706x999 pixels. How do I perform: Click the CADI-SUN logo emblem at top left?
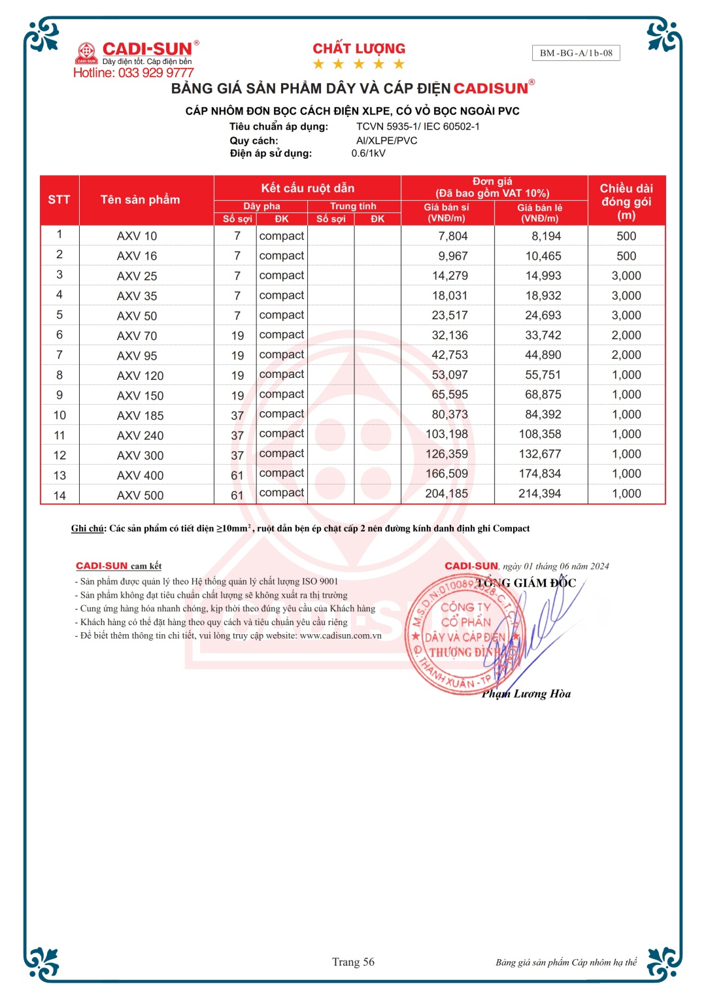click(x=86, y=52)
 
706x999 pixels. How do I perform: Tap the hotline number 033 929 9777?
click(x=156, y=73)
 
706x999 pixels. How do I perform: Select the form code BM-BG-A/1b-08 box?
click(x=576, y=53)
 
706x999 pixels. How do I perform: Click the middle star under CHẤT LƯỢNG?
click(x=359, y=64)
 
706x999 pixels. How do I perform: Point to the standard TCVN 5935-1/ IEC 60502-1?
click(x=418, y=126)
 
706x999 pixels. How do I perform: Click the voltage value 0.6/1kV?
click(x=368, y=154)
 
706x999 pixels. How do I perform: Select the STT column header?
click(x=59, y=199)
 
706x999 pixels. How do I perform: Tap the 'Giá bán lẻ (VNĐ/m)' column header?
click(x=540, y=212)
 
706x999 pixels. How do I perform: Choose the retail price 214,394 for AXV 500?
click(x=539, y=494)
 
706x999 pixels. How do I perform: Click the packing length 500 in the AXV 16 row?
click(x=626, y=256)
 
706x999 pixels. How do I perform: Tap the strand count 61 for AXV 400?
click(x=237, y=475)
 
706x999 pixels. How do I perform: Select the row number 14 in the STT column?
click(x=59, y=496)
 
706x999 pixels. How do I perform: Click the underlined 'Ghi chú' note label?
click(x=88, y=528)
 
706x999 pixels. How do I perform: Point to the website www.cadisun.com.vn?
click(x=340, y=635)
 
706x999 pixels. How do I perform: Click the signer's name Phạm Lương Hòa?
click(x=526, y=694)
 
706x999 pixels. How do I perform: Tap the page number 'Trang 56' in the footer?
click(x=353, y=962)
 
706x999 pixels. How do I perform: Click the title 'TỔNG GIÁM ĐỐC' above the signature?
click(x=526, y=583)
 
